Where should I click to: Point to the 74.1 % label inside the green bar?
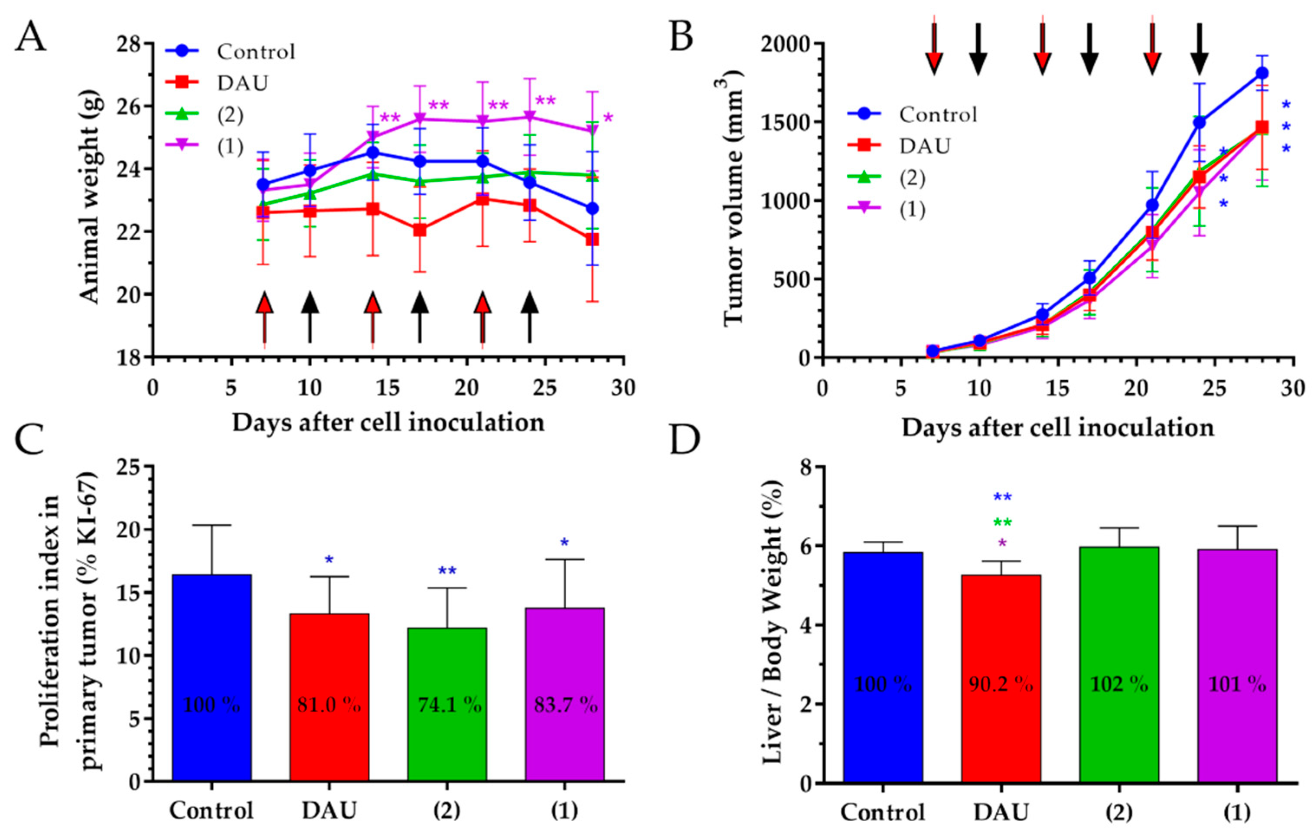click(450, 706)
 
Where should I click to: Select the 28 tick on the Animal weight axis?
click(129, 44)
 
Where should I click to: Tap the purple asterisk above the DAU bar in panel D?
click(1002, 543)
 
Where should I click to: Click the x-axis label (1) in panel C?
click(564, 811)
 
